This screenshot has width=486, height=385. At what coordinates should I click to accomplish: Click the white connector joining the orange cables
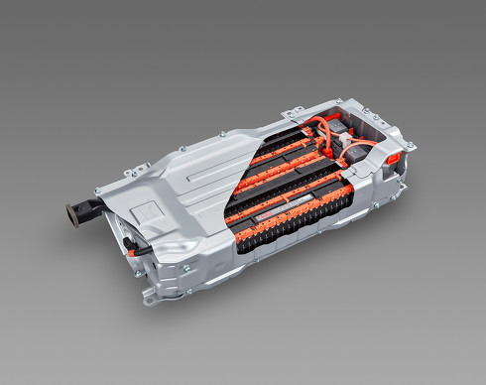(x=342, y=143)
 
